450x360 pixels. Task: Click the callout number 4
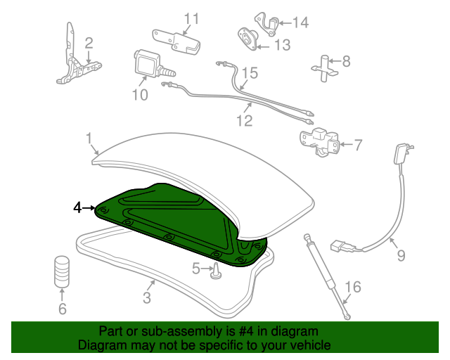click(77, 208)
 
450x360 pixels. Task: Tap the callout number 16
click(353, 287)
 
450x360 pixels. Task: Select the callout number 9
click(401, 255)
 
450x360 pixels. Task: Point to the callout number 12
click(245, 120)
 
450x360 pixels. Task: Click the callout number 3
click(147, 297)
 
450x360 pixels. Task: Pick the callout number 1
click(89, 138)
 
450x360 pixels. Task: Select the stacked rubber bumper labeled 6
click(62, 271)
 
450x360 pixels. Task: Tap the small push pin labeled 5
click(217, 271)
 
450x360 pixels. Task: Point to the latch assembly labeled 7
click(319, 143)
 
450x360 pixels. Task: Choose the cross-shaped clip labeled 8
click(325, 68)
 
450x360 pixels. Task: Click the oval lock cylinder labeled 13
click(247, 39)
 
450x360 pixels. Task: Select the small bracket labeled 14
click(267, 24)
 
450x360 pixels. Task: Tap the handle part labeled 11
click(176, 42)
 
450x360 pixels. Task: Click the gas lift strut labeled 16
click(327, 276)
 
